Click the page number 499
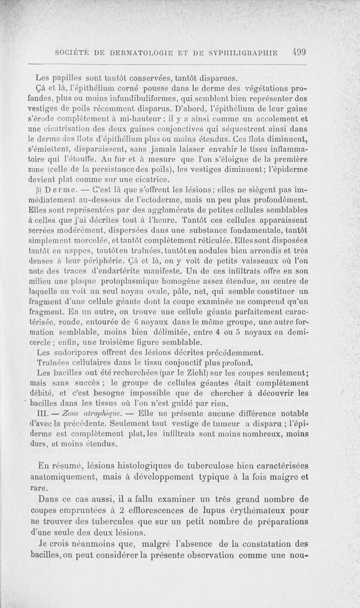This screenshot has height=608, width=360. [298, 51]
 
